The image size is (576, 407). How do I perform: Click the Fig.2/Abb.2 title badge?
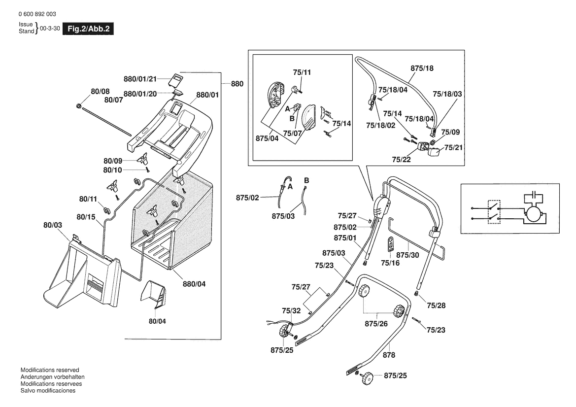88,29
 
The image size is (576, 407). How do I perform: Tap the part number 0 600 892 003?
36,14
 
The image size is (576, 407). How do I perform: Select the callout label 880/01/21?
140,78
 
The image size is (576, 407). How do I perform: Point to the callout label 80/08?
100,91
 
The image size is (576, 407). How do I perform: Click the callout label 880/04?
194,284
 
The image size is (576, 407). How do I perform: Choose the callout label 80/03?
53,225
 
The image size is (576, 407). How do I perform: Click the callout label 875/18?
422,68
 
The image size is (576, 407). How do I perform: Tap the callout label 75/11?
302,72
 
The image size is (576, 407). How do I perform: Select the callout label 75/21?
453,147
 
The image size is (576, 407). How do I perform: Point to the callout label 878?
389,355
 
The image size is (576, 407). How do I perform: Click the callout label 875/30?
407,255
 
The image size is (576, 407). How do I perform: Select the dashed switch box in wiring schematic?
494,212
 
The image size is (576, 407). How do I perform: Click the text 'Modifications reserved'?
50,370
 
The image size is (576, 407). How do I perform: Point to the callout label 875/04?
267,138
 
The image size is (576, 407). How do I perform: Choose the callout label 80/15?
86,216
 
